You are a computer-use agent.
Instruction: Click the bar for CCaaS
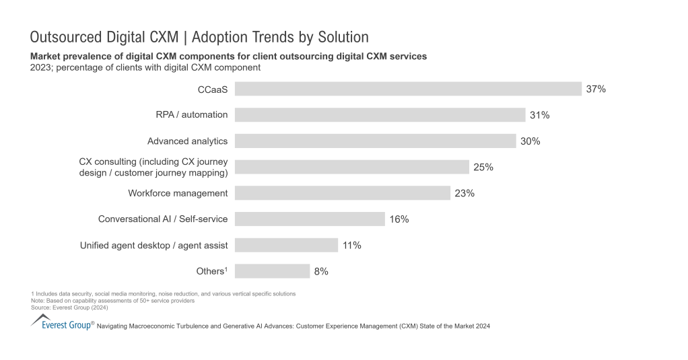(408, 89)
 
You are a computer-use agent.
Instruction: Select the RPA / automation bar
(380, 115)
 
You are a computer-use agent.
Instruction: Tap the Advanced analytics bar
(375, 141)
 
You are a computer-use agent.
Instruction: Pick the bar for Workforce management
(342, 193)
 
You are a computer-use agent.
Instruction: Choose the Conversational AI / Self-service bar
(310, 219)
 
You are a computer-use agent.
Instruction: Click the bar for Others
(272, 271)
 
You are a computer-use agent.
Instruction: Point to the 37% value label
(596, 89)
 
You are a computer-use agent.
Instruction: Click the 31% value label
(539, 115)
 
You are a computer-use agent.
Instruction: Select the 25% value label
(483, 168)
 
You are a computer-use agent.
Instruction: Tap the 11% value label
(351, 246)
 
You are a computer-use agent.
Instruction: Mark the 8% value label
(320, 272)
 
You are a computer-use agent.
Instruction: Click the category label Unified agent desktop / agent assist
(153, 246)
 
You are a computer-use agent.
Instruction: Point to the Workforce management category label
(178, 193)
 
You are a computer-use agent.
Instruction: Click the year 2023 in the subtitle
(42, 67)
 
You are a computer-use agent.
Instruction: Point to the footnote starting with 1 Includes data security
(164, 294)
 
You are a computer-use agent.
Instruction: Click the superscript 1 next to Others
(226, 268)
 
